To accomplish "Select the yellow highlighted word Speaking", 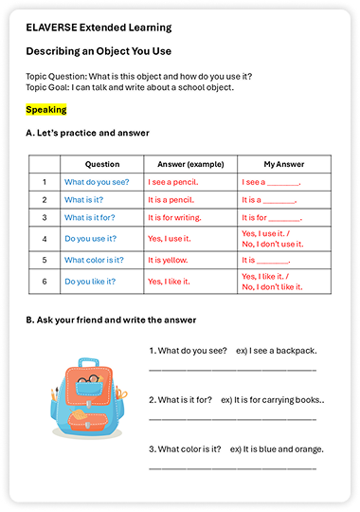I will [46, 110].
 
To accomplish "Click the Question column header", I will [102, 164].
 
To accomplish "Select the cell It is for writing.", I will [176, 217].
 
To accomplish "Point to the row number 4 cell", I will [44, 237].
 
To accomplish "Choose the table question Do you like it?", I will [90, 281].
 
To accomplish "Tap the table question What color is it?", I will [94, 259].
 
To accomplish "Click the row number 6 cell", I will [44, 281].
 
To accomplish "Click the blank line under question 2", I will [232, 416].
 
